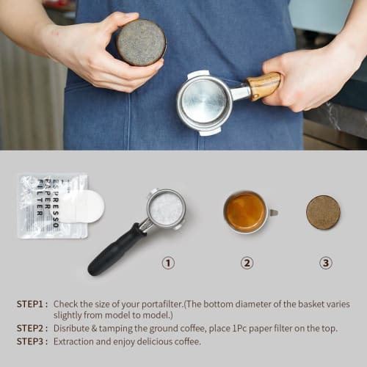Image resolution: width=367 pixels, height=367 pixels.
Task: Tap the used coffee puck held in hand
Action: [x=141, y=42]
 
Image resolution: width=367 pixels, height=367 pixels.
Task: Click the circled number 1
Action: [x=168, y=263]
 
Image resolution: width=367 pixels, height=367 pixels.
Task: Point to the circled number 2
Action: [x=247, y=263]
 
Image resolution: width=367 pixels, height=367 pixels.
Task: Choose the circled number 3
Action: [x=325, y=263]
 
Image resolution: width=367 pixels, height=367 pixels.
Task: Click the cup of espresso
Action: [x=245, y=212]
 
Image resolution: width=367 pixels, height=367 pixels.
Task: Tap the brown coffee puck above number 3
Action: [x=323, y=212]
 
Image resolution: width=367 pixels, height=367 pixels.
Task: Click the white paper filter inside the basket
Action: [x=167, y=209]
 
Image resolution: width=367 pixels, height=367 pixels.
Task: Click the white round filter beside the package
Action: [x=82, y=206]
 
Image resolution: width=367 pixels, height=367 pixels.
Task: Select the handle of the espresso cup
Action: [x=273, y=213]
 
